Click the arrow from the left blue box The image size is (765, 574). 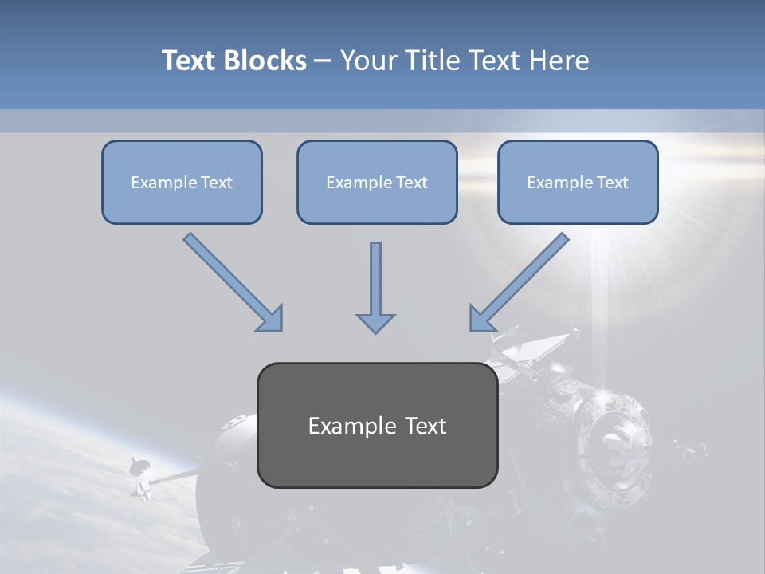pyautogui.click(x=233, y=282)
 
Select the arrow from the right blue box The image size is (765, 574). pyautogui.click(x=519, y=282)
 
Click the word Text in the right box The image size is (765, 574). pyautogui.click(x=612, y=183)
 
